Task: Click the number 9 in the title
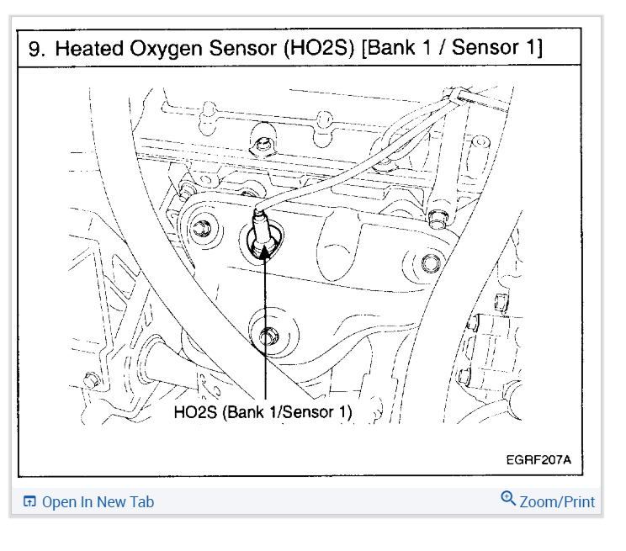[35, 48]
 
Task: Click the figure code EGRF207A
[538, 461]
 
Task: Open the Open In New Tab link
[98, 502]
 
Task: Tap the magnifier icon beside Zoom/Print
[507, 499]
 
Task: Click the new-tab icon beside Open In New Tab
[29, 502]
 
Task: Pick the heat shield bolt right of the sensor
[430, 263]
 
